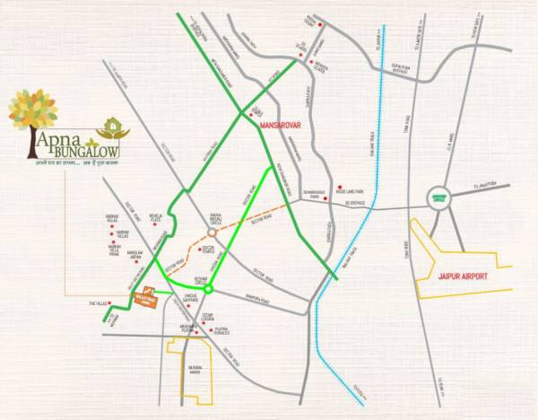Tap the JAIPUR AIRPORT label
pyautogui.click(x=464, y=276)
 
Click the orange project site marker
pyautogui.click(x=145, y=297)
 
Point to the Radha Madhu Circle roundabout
pyautogui.click(x=213, y=232)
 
